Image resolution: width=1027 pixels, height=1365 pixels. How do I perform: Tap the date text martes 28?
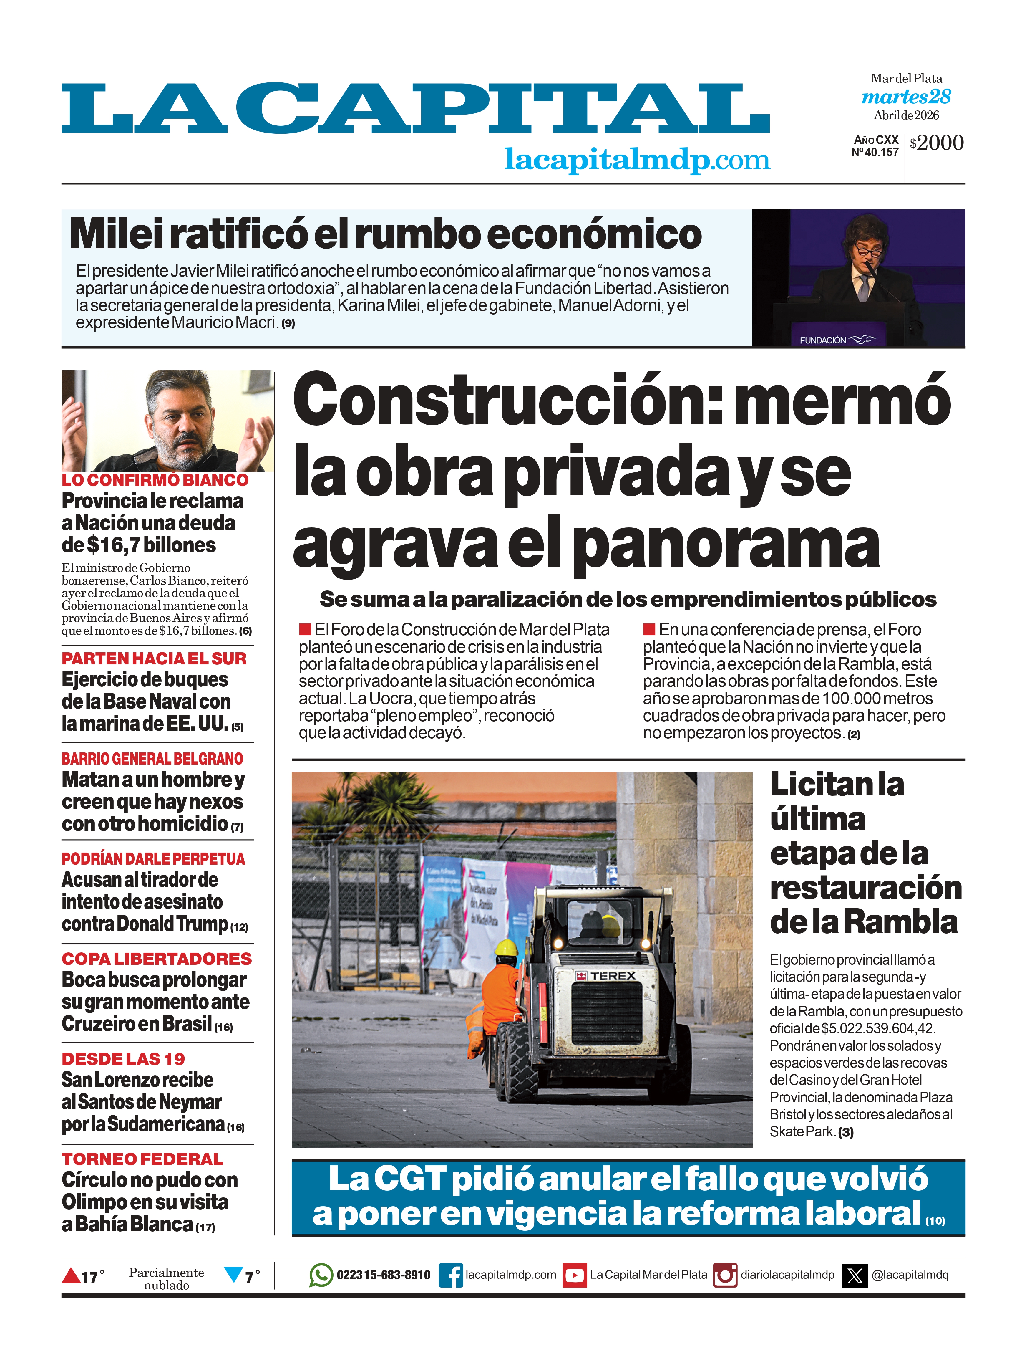906,97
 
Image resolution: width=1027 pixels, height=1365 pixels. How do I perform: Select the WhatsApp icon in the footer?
321,1275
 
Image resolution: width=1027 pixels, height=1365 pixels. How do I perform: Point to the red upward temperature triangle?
71,1275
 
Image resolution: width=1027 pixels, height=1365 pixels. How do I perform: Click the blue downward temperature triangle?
233,1274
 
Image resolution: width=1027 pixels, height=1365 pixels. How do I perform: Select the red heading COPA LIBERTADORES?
157,959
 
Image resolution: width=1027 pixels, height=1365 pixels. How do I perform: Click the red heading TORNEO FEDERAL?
142,1159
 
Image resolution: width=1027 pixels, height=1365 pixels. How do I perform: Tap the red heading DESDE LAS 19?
123,1059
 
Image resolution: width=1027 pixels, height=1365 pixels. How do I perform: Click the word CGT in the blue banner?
409,1179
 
